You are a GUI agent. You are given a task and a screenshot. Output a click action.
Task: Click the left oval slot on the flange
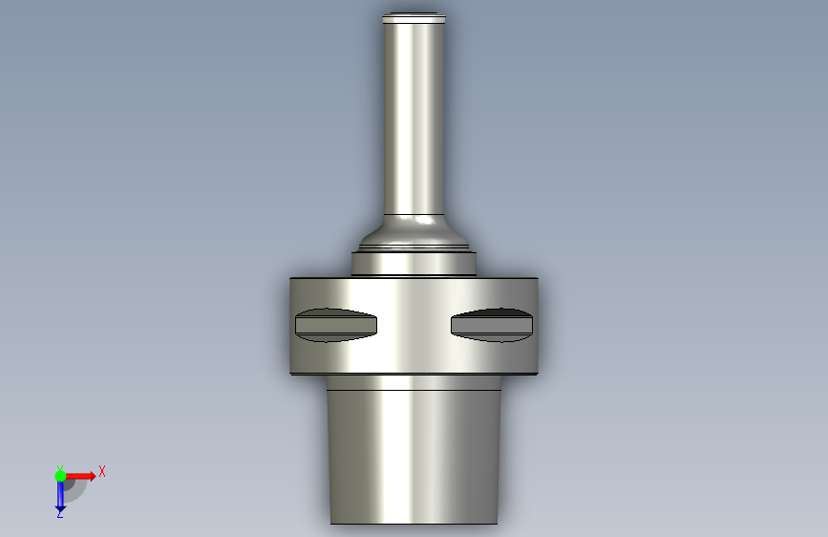pos(336,325)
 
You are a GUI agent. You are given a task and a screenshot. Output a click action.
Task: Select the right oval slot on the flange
pos(492,325)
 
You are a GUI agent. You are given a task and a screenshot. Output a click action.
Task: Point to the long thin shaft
pos(414,117)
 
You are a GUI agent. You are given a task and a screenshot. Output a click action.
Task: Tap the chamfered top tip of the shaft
pos(414,17)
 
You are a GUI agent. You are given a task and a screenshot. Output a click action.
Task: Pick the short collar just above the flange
pos(414,264)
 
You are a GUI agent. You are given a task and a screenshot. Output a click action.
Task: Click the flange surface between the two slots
pos(414,325)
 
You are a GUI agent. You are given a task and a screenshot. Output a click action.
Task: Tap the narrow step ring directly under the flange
pos(414,382)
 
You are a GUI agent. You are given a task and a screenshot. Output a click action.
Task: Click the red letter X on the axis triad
pos(102,471)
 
